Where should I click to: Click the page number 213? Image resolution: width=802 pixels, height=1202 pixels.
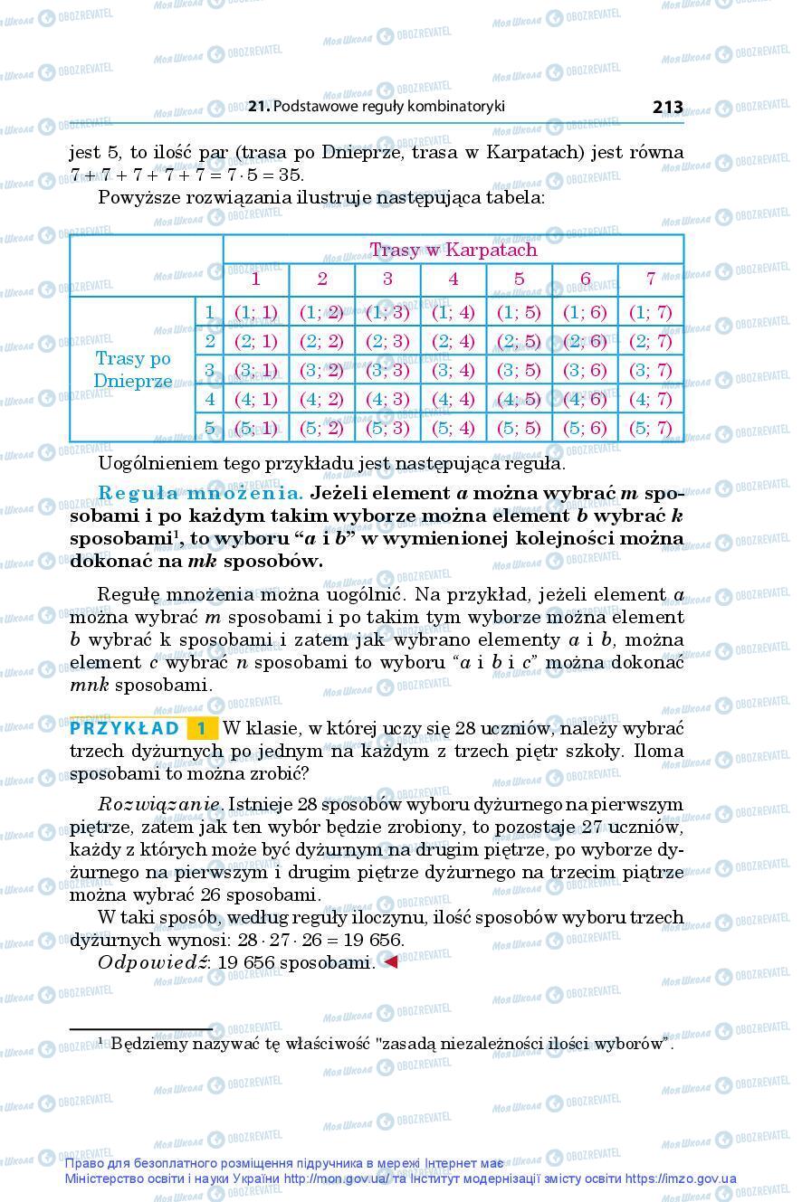pos(667,107)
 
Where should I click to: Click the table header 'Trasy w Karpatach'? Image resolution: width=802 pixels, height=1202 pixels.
pos(453,250)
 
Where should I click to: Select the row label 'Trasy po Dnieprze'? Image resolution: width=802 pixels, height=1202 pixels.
pos(132,370)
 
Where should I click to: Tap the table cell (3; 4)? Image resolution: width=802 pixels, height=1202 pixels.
pos(453,370)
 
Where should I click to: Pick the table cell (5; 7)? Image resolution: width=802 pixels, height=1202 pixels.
pos(651,428)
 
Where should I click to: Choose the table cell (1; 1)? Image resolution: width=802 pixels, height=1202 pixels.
pos(256,312)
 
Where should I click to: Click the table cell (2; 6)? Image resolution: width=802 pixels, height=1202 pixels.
pos(585,341)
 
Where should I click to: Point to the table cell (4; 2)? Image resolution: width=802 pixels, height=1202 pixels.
pos(321,399)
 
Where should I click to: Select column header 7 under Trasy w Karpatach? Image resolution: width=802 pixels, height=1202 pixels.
pos(651,279)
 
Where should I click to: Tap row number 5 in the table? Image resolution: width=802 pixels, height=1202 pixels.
pos(209,428)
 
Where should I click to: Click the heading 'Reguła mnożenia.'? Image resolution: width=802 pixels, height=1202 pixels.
pos(201,494)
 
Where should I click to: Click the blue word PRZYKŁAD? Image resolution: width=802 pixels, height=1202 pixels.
pos(125,728)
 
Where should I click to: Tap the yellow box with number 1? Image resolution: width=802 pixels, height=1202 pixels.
pos(203,728)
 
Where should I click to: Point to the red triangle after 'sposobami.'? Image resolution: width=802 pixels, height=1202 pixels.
pos(390,961)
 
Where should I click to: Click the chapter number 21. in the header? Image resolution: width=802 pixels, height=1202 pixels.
pos(259,107)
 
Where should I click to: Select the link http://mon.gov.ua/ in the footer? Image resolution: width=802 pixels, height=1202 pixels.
pos(336,1178)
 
